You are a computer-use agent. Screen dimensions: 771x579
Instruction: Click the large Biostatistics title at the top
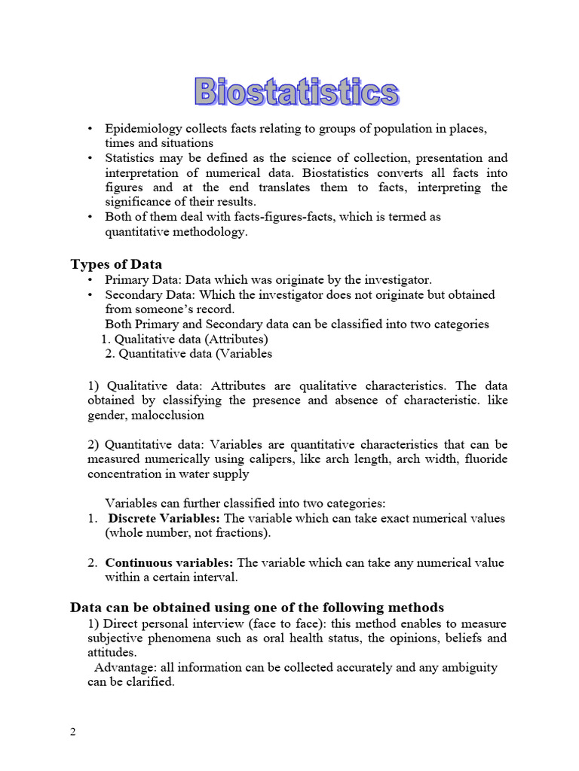click(x=296, y=93)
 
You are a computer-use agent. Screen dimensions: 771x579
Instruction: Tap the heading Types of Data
click(x=116, y=264)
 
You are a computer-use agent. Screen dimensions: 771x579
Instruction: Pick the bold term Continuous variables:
click(x=170, y=563)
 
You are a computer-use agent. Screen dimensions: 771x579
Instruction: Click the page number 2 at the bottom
click(x=73, y=733)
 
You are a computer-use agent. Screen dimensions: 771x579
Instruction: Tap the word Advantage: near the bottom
click(x=125, y=668)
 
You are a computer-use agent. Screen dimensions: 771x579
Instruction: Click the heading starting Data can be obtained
click(x=257, y=608)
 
